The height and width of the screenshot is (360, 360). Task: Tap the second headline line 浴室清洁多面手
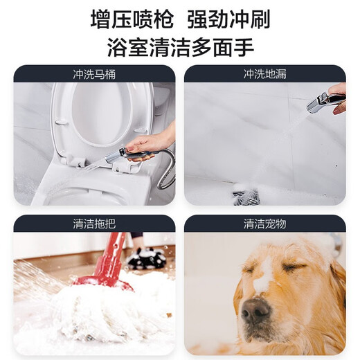180,47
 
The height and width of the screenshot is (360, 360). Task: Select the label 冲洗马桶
94,73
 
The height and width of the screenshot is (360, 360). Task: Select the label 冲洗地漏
264,73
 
